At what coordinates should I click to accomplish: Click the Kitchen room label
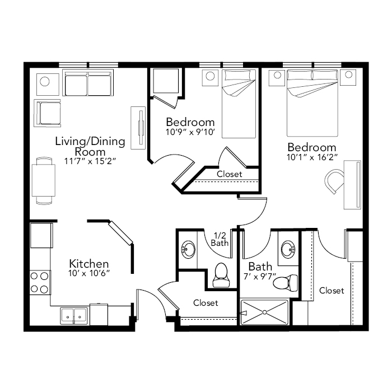point(88,264)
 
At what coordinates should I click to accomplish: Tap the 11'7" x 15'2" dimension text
point(90,161)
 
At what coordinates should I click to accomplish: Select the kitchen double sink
point(74,316)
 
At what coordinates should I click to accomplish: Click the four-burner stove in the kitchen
point(40,282)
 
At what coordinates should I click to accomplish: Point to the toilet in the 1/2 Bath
point(221,274)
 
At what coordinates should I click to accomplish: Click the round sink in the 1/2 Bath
point(188,250)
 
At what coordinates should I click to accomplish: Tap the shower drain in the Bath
point(264,312)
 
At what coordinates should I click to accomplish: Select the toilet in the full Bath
point(285,283)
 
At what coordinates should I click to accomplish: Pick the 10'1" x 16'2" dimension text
point(312,157)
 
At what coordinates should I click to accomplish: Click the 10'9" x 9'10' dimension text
point(190,132)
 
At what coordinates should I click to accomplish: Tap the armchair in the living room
point(48,113)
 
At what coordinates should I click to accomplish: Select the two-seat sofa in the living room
point(88,83)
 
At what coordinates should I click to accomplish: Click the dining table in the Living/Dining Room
point(44,180)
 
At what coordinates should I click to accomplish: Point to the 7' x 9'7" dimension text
point(260,277)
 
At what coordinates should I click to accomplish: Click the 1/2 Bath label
point(220,239)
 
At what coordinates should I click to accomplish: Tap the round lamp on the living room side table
point(45,82)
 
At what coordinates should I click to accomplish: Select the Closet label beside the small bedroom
point(229,174)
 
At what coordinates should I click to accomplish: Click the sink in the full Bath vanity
point(288,249)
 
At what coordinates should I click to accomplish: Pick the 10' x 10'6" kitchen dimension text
point(89,273)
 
